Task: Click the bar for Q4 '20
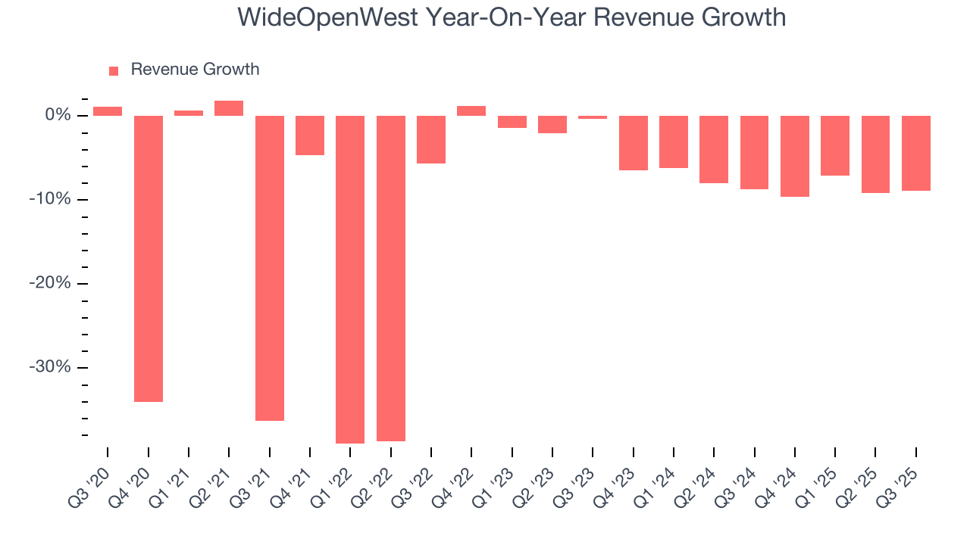pyautogui.click(x=149, y=258)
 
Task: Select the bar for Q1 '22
pyautogui.click(x=350, y=279)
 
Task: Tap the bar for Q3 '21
pyautogui.click(x=270, y=267)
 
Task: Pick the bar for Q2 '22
pyautogui.click(x=391, y=278)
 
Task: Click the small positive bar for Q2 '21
pyautogui.click(x=229, y=108)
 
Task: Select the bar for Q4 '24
pyautogui.click(x=795, y=156)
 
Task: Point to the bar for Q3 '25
pyautogui.click(x=916, y=153)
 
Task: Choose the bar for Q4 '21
pyautogui.click(x=310, y=135)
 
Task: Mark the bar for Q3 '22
pyautogui.click(x=431, y=139)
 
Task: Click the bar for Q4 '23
pyautogui.click(x=634, y=142)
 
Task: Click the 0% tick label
pyautogui.click(x=58, y=115)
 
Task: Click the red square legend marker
pyautogui.click(x=114, y=70)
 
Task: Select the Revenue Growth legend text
pyautogui.click(x=195, y=70)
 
